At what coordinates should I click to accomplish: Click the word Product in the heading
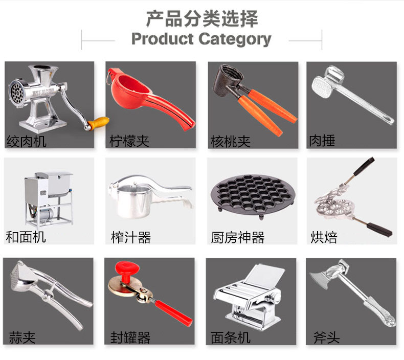point(163,39)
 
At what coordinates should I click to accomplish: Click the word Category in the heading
point(235,39)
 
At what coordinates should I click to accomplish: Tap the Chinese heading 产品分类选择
point(202,18)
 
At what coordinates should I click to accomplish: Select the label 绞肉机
point(26,142)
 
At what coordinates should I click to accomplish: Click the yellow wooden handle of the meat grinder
point(98,122)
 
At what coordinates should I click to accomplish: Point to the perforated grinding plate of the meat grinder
point(16,92)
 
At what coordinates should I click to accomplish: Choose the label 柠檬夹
point(129,141)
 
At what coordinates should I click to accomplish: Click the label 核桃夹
point(230,142)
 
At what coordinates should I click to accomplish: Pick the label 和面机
point(26,237)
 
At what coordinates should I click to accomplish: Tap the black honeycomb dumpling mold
point(253,194)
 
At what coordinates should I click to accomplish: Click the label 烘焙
point(324,237)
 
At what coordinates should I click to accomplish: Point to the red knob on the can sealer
point(127,270)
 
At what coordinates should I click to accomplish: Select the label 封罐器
point(130,337)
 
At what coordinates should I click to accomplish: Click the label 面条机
point(230,337)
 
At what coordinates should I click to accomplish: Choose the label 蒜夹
point(23,337)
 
